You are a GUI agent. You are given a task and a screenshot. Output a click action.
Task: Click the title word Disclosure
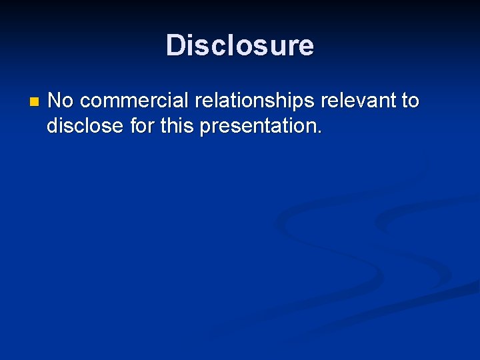(x=240, y=45)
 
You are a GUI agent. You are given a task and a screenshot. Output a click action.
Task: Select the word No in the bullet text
(x=61, y=101)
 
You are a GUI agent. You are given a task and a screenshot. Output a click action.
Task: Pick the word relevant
(x=357, y=101)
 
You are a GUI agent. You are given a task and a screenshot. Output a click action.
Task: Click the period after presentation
(x=319, y=131)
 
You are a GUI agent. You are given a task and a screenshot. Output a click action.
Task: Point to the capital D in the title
(x=175, y=45)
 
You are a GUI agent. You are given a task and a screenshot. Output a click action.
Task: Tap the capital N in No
(x=55, y=101)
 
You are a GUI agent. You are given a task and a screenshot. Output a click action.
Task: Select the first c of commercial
(x=84, y=102)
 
